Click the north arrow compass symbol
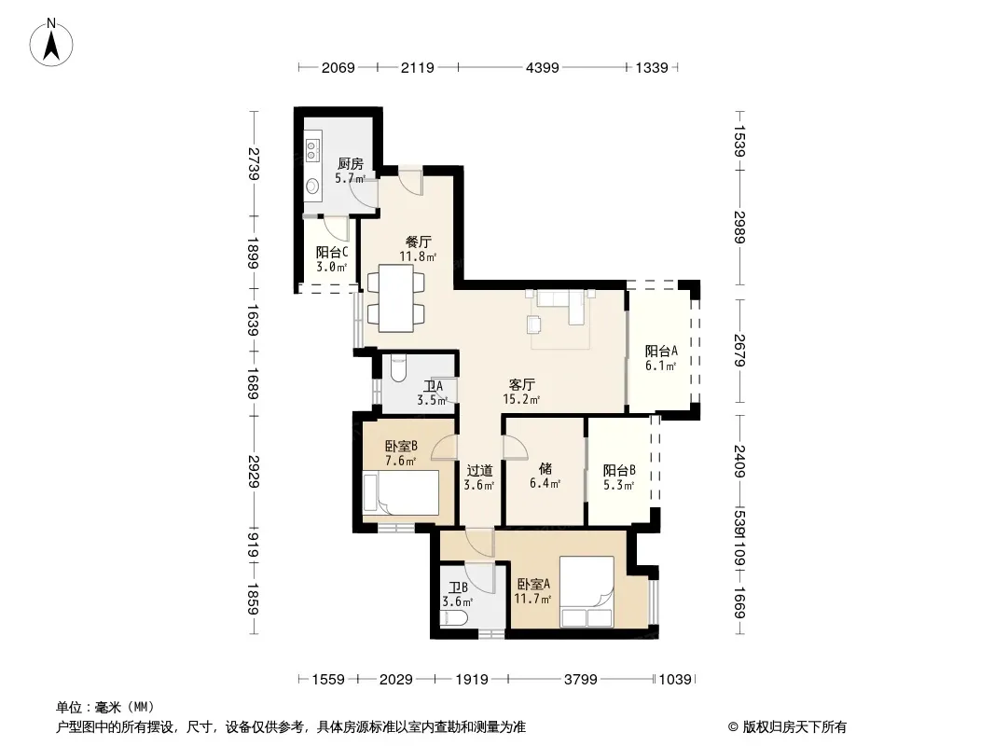pyautogui.click(x=51, y=42)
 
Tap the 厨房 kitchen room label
pyautogui.click(x=350, y=164)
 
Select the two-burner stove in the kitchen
pyautogui.click(x=311, y=149)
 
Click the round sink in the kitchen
pyautogui.click(x=312, y=186)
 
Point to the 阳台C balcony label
pyautogui.click(x=332, y=252)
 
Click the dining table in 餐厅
pyautogui.click(x=396, y=298)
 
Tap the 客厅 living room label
pyautogui.click(x=522, y=385)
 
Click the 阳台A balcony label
pyautogui.click(x=661, y=352)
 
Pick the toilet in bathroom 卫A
pyautogui.click(x=398, y=368)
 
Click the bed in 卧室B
pyautogui.click(x=400, y=492)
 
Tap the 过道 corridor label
pyautogui.click(x=479, y=470)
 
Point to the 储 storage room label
pyautogui.click(x=545, y=468)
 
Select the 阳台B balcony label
pyautogui.click(x=619, y=470)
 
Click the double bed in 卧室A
pyautogui.click(x=587, y=592)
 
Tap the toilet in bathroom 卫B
pyautogui.click(x=454, y=619)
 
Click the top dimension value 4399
pyautogui.click(x=543, y=67)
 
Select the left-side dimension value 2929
pyautogui.click(x=254, y=471)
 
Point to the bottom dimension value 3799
pyautogui.click(x=581, y=680)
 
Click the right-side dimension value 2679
pyautogui.click(x=739, y=351)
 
